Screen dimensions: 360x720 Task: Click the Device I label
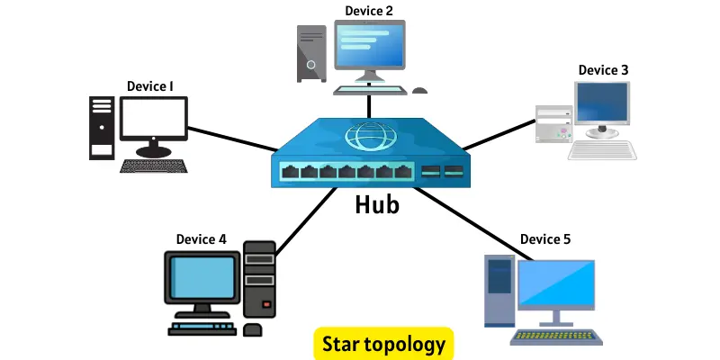(149, 86)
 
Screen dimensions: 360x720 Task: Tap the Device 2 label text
(369, 11)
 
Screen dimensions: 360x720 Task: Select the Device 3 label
(603, 69)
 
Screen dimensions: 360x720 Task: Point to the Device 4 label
(201, 238)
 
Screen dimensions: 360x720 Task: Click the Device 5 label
(544, 238)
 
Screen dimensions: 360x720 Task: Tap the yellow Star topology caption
(384, 344)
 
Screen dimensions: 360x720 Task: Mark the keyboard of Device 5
(554, 337)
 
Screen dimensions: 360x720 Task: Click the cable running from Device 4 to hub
(297, 220)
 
